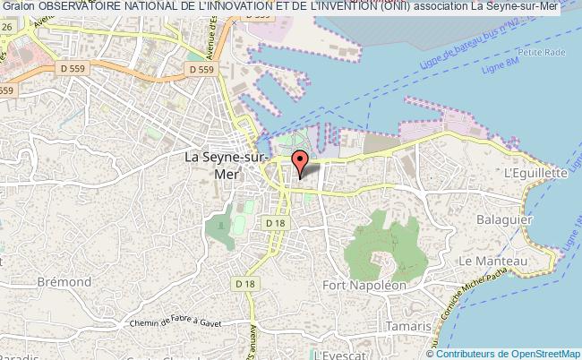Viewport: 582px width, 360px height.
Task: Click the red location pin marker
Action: click(x=301, y=162)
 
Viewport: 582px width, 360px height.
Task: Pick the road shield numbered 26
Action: click(x=5, y=26)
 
